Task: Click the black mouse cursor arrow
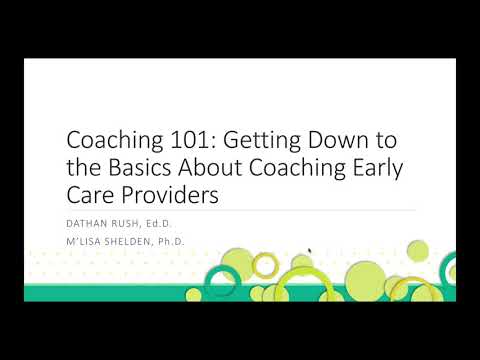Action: point(310,253)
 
